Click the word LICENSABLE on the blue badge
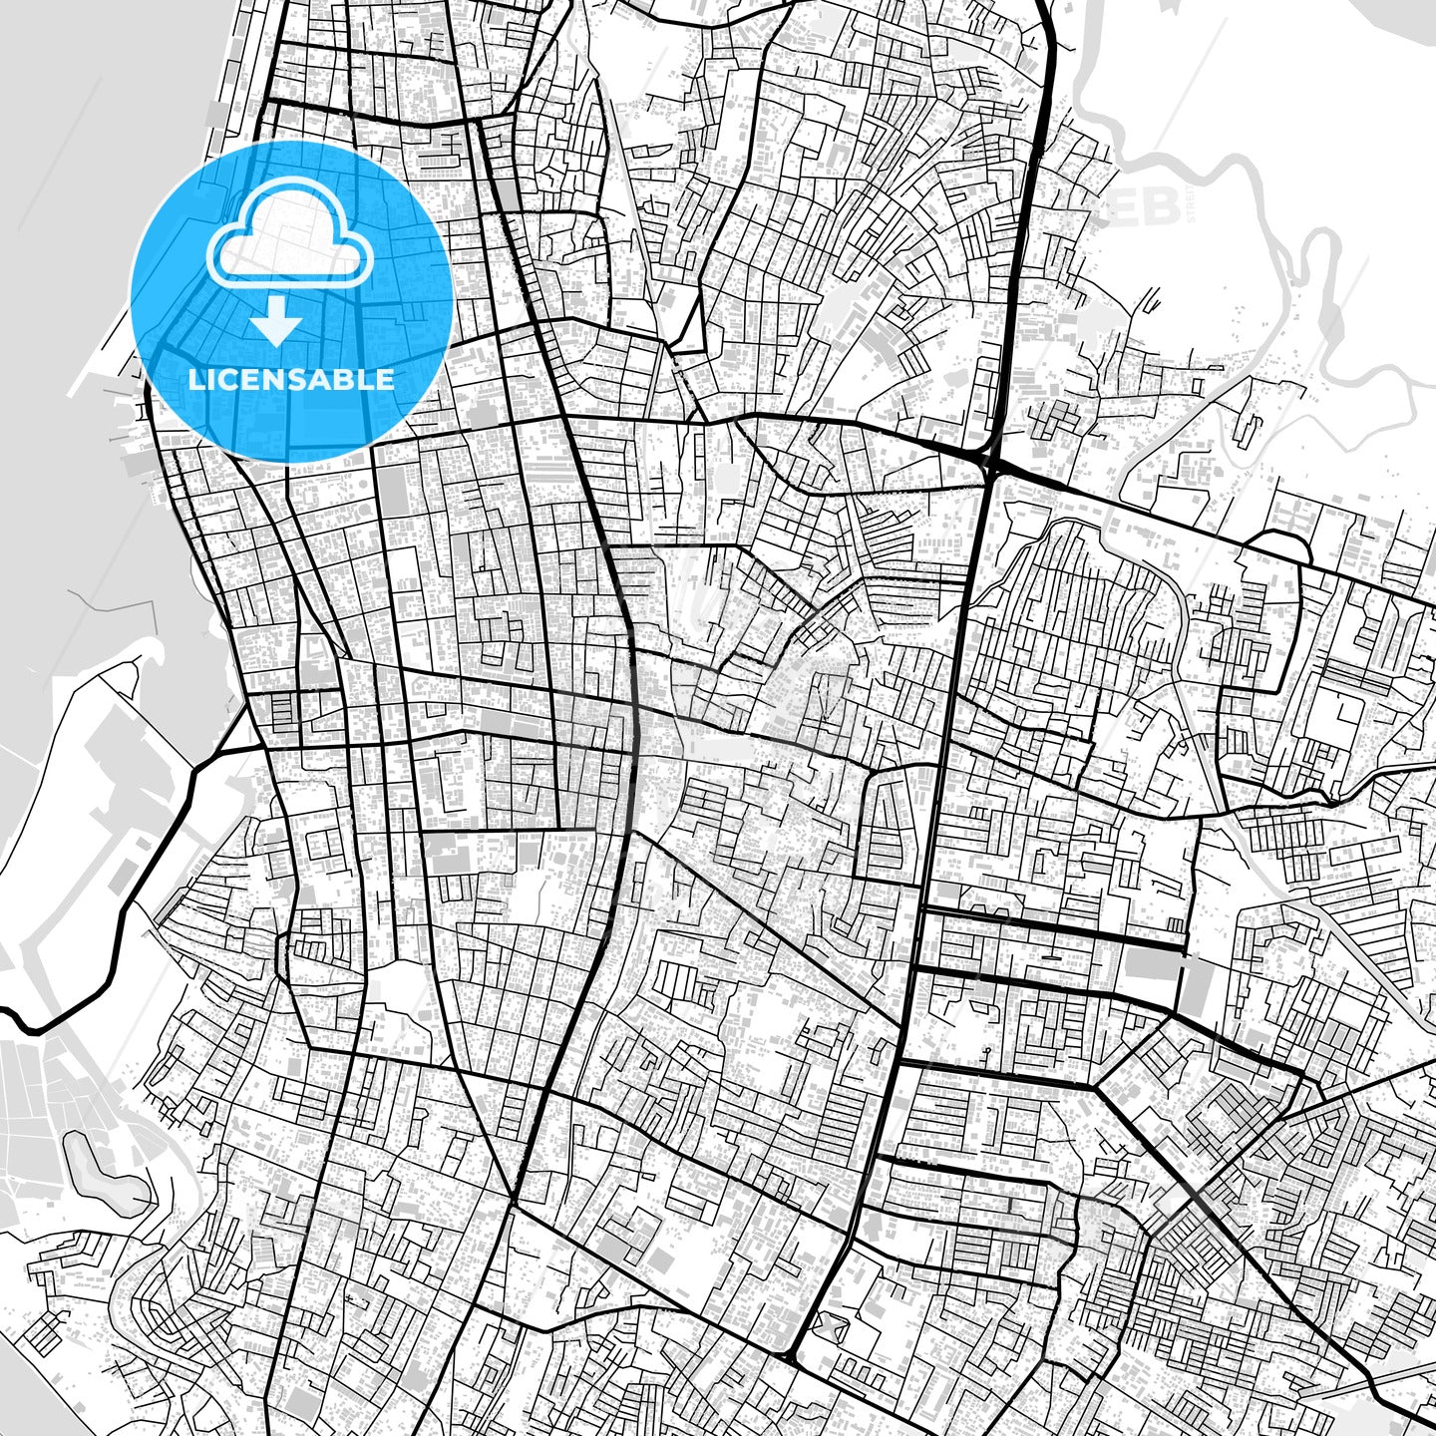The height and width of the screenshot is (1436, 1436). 291,380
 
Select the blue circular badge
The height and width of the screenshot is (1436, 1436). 292,300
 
